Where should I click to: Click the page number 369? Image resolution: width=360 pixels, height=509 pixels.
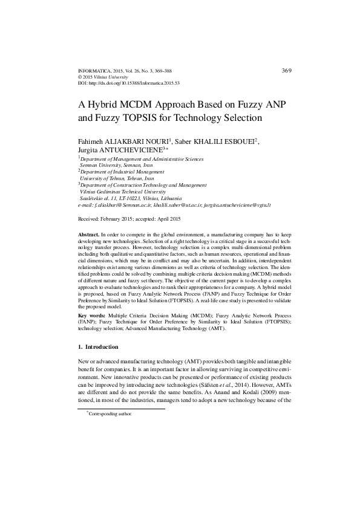(287, 71)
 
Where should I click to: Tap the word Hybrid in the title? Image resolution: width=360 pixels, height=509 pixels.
(113, 103)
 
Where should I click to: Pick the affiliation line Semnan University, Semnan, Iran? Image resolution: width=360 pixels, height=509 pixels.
(116, 165)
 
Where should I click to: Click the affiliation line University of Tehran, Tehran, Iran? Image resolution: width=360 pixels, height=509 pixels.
(117, 178)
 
